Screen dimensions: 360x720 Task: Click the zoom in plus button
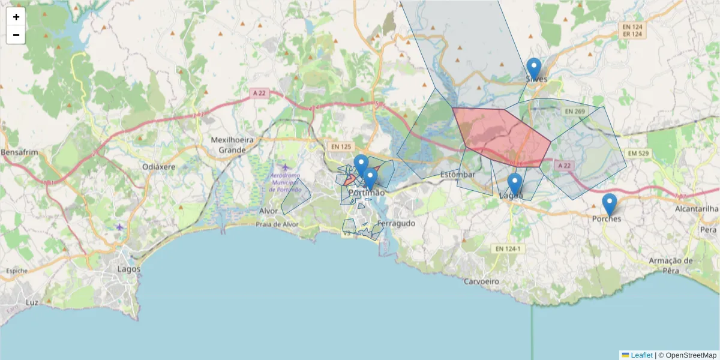[x=16, y=17]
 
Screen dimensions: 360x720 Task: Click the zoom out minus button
[x=16, y=35]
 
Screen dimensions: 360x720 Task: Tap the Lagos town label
[x=129, y=269]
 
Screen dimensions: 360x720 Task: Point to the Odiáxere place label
[x=158, y=166]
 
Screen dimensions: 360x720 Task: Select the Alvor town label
[x=268, y=211]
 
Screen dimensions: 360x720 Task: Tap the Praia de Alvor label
[x=277, y=224]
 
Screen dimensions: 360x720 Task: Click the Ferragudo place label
[x=397, y=223]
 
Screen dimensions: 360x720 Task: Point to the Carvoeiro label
[x=482, y=281]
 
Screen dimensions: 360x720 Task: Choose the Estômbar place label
[x=457, y=175]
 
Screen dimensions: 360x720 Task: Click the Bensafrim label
[x=19, y=152]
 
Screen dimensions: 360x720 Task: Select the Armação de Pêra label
[x=671, y=265]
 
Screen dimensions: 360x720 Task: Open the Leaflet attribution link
[x=641, y=355]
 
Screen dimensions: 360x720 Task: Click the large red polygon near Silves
[x=501, y=135]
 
